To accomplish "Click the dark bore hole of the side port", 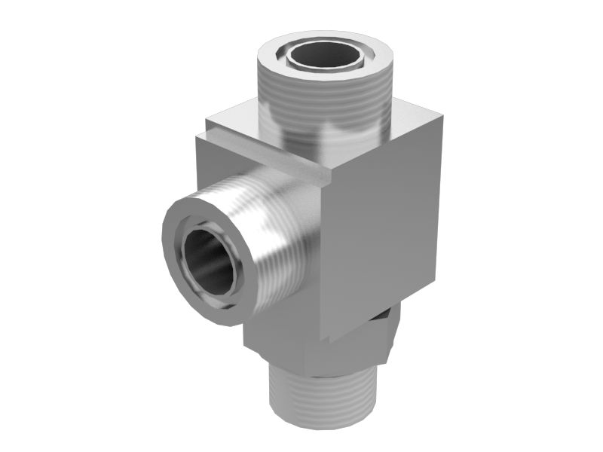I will [x=208, y=261].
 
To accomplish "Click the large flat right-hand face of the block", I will [x=384, y=226].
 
